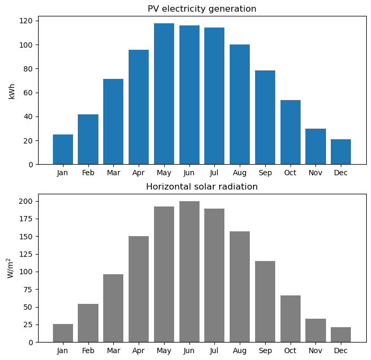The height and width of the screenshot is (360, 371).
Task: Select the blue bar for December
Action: click(341, 152)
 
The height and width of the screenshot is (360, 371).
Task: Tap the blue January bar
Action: click(63, 149)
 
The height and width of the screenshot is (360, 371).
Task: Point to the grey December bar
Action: click(341, 335)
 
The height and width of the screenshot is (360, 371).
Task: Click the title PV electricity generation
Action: click(202, 9)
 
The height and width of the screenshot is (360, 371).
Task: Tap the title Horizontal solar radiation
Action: click(202, 187)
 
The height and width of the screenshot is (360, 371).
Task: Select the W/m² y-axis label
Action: click(10, 268)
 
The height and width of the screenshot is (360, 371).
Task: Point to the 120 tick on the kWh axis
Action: click(27, 21)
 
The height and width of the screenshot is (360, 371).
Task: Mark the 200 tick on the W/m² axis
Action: click(27, 201)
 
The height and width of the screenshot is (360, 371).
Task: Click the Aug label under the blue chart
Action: click(240, 173)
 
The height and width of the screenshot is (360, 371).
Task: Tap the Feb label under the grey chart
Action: click(88, 350)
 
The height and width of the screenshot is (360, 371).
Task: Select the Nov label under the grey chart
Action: click(315, 350)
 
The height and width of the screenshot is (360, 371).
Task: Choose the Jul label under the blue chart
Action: click(214, 173)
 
